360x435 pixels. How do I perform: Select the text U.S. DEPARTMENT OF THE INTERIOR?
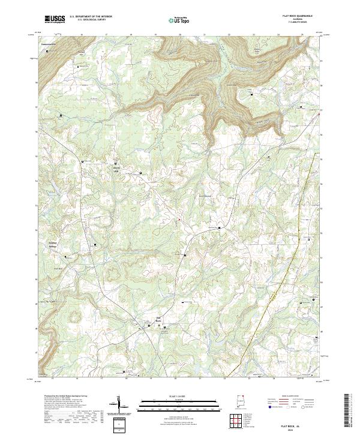click(91, 17)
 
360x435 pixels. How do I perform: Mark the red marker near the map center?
click(178, 219)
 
